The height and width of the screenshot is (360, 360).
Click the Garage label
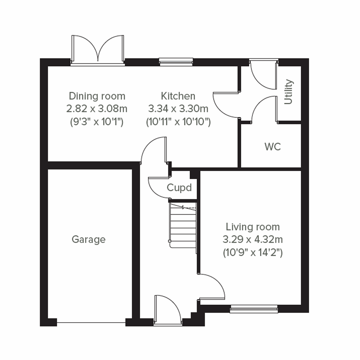coord(88,239)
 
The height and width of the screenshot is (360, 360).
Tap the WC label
coord(273,147)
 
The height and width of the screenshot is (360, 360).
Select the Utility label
coord(288,91)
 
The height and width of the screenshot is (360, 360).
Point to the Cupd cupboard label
coord(179,188)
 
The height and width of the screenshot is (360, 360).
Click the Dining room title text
coord(97,96)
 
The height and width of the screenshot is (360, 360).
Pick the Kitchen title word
coord(178,96)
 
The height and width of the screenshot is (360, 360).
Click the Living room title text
coord(253,227)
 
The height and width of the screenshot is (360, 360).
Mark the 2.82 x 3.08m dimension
coord(97,109)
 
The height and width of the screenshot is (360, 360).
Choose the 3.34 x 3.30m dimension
coord(178,109)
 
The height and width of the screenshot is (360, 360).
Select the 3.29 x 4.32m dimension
coord(253,239)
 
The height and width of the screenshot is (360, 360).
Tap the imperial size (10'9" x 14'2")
coord(253,253)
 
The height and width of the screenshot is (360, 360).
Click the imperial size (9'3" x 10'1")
coord(97,122)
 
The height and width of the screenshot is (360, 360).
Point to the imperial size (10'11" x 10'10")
coord(178,122)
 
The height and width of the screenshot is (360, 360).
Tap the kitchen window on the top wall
coord(176,62)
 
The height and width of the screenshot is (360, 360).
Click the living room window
coord(254,309)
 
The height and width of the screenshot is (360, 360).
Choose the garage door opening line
coord(91,323)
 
